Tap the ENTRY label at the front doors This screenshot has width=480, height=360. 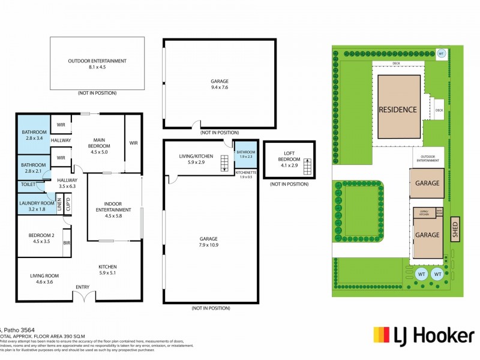pyautogui.click(x=82, y=287)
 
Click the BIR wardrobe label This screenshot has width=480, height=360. pyautogui.click(x=67, y=243)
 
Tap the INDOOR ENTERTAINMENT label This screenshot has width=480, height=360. pyautogui.click(x=113, y=212)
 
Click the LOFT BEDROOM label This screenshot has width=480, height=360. pyautogui.click(x=285, y=157)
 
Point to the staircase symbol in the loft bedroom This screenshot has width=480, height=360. pyautogui.click(x=308, y=167)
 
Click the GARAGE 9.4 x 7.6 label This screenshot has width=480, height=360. pyautogui.click(x=219, y=85)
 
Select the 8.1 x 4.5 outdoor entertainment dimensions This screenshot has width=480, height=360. pyautogui.click(x=97, y=67)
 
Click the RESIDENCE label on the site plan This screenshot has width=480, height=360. pyautogui.click(x=397, y=109)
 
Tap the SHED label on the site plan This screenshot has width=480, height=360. pyautogui.click(x=454, y=228)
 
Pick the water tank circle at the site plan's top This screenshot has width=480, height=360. pyautogui.click(x=442, y=53)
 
